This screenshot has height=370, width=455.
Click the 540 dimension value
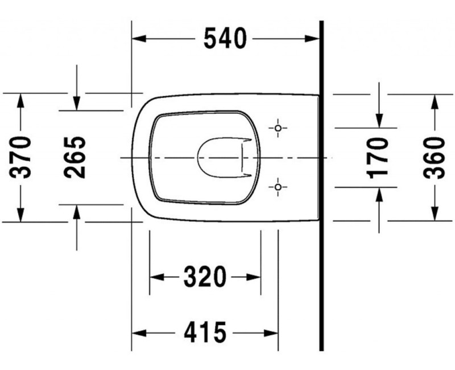pyautogui.click(x=225, y=38)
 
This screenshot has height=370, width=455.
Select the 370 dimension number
pyautogui.click(x=20, y=157)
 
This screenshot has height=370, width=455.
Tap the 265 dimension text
pyautogui.click(x=75, y=157)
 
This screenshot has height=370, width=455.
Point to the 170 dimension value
pyautogui.click(x=377, y=158)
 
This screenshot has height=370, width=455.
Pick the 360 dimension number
pyautogui.click(x=434, y=158)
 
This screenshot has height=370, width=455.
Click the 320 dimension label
pyautogui.click(x=205, y=277)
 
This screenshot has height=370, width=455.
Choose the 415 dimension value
pyautogui.click(x=205, y=332)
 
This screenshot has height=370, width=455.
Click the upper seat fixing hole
pyautogui.click(x=278, y=128)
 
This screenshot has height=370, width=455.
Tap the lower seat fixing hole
pyautogui.click(x=278, y=187)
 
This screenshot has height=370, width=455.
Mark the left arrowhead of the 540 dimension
pyautogui.click(x=138, y=38)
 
